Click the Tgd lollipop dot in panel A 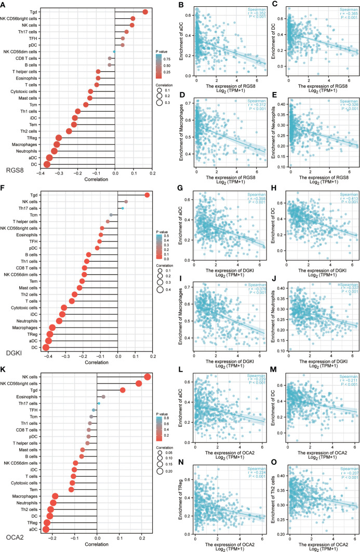pos(145,11)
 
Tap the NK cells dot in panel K pos(148,377)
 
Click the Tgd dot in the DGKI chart pos(147,195)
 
